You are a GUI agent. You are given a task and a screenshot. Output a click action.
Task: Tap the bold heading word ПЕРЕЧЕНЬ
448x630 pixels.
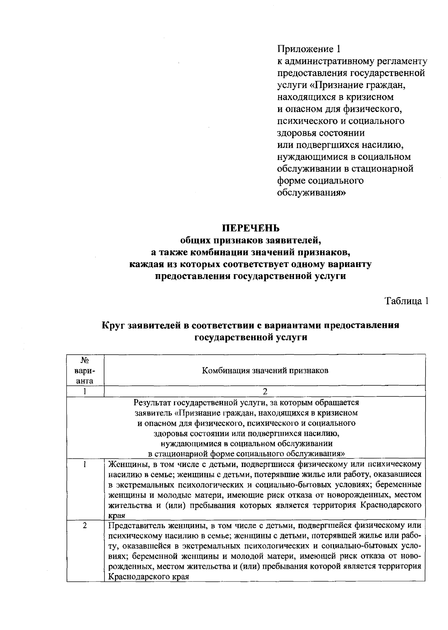[251, 228]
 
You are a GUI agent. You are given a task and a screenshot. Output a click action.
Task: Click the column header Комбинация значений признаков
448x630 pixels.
[265, 370]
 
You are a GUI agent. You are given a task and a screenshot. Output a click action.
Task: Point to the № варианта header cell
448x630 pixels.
[85, 370]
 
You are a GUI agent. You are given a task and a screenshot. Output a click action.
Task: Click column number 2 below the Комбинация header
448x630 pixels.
[265, 391]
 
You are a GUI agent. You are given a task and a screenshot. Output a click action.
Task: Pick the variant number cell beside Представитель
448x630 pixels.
[85, 526]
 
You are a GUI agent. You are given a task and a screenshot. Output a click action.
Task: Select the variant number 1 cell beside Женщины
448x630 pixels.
[85, 465]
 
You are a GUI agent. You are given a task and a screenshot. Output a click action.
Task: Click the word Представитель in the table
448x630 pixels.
[133, 526]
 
